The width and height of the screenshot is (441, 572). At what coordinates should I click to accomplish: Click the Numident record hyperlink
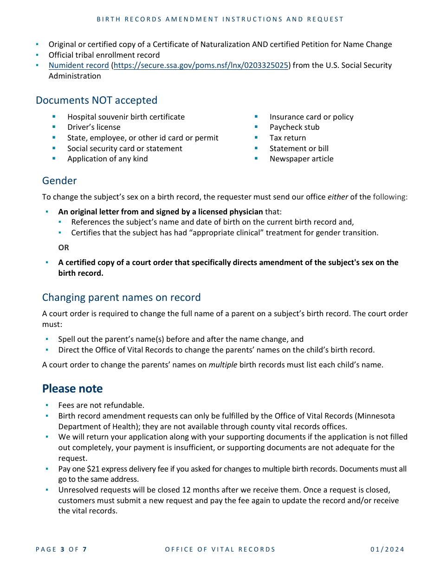click(78, 65)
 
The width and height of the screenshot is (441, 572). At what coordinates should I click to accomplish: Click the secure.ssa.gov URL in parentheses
click(201, 65)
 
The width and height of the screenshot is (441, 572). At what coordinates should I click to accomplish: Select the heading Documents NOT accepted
click(97, 100)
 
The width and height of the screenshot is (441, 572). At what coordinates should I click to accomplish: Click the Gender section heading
click(59, 180)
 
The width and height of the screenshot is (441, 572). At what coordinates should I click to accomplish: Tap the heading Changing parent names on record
click(121, 297)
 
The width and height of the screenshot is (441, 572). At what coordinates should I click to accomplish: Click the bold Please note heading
click(72, 388)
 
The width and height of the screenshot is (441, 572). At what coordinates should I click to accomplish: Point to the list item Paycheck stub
click(294, 127)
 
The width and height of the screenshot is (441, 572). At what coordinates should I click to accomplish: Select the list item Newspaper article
click(301, 159)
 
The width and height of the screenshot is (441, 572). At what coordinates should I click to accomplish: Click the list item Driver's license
click(94, 127)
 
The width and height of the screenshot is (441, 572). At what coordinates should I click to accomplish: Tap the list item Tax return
click(287, 138)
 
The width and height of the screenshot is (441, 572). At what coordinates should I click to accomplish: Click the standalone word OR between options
click(64, 247)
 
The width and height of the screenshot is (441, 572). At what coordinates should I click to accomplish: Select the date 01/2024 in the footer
click(387, 549)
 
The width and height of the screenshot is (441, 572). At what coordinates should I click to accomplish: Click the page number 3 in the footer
click(62, 549)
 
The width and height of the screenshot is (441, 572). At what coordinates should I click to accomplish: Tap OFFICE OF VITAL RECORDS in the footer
click(220, 549)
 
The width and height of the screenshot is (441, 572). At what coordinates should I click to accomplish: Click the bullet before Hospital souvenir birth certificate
click(54, 117)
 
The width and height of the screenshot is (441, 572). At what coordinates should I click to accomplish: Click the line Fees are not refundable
click(101, 405)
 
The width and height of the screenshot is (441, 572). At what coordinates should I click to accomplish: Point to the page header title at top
click(220, 19)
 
